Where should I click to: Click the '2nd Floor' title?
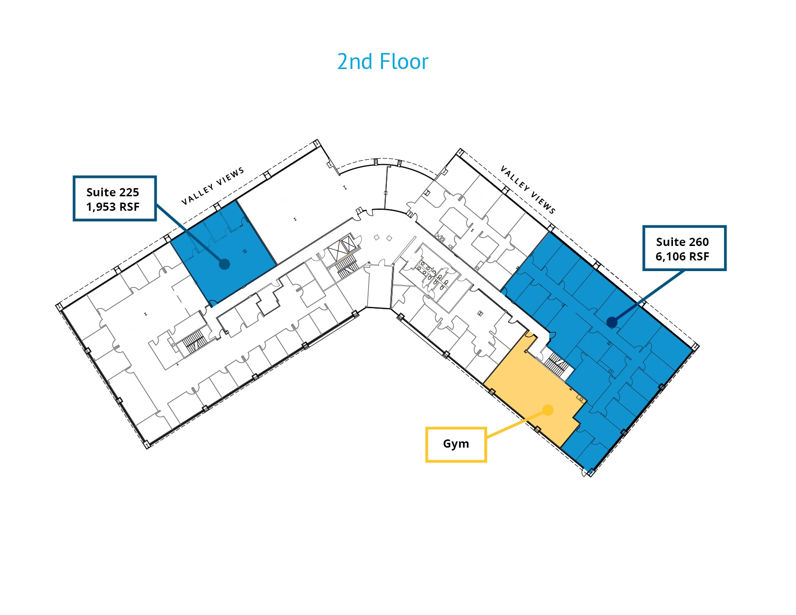[x=382, y=61]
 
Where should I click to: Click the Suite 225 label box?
[x=115, y=198]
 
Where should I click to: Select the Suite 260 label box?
[x=684, y=248]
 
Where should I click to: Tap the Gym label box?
[x=456, y=444]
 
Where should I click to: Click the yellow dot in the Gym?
[x=548, y=410]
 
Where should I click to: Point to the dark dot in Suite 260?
[x=612, y=322]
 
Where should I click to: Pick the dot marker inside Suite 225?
[x=224, y=264]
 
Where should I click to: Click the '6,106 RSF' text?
[x=682, y=257]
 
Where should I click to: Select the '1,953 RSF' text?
[x=113, y=207]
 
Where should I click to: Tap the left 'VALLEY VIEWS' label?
[x=213, y=186]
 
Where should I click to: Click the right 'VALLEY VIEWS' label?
[x=528, y=190]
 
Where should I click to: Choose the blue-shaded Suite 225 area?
[x=223, y=253]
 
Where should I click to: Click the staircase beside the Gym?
[x=556, y=363]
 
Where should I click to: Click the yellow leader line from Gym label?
[x=516, y=424]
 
